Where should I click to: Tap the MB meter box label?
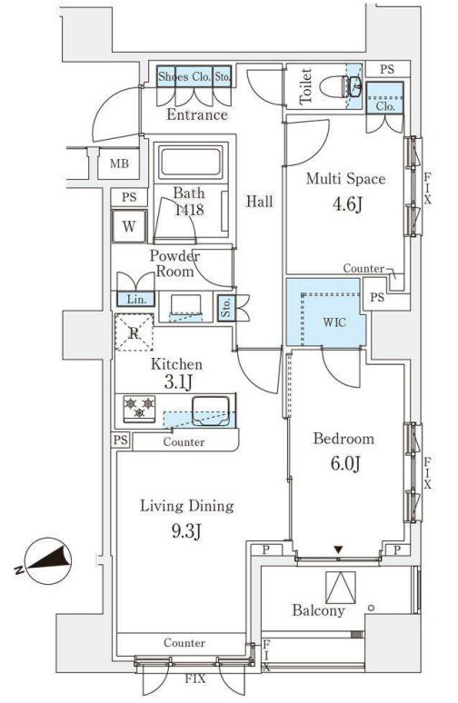point(119,163)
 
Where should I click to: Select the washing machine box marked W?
point(129,226)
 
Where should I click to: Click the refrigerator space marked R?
point(134,332)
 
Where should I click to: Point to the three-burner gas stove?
point(140,409)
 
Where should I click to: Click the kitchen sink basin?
point(211,411)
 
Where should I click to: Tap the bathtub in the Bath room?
point(191,162)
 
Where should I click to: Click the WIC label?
point(334,322)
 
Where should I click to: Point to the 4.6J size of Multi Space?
point(346,204)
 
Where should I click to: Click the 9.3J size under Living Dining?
point(186,531)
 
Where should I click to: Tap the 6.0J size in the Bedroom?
point(345,463)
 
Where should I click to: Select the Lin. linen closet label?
point(136,299)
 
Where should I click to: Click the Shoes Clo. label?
point(184,76)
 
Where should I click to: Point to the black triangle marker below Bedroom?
point(338,550)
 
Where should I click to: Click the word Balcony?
point(318,610)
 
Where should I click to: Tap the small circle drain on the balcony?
point(371,608)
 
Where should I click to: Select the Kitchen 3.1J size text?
point(178,382)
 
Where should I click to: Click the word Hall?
point(259,202)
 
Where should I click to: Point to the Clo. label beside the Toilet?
point(386,106)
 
